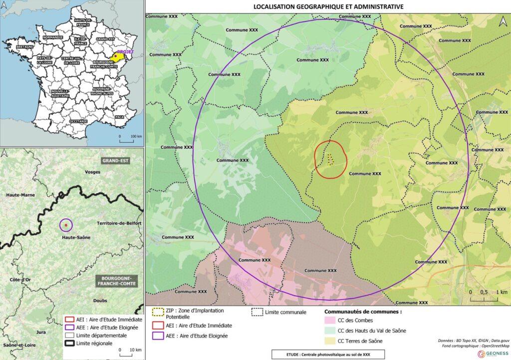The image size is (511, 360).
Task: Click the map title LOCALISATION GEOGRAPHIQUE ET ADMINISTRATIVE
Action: [328, 6]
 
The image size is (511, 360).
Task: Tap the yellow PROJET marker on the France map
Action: [117, 56]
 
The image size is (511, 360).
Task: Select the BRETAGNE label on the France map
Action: [24, 46]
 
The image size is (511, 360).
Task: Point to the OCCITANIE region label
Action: [79, 121]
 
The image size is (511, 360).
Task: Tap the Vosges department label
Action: [93, 172]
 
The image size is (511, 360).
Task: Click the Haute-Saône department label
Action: [76, 238]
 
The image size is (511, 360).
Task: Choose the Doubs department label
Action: [100, 301]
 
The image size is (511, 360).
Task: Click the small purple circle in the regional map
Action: [66, 226]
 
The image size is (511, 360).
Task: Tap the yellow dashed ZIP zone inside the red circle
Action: [330, 159]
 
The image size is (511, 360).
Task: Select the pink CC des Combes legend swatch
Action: [329, 320]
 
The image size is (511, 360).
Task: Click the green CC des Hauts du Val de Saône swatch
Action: [329, 331]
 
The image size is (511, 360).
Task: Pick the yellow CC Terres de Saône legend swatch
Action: [329, 342]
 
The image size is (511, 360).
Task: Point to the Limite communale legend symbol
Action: [257, 312]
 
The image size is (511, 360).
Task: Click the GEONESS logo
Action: [494, 354]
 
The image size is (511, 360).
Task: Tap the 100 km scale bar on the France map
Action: [127, 139]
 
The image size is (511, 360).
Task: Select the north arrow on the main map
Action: [503, 21]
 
